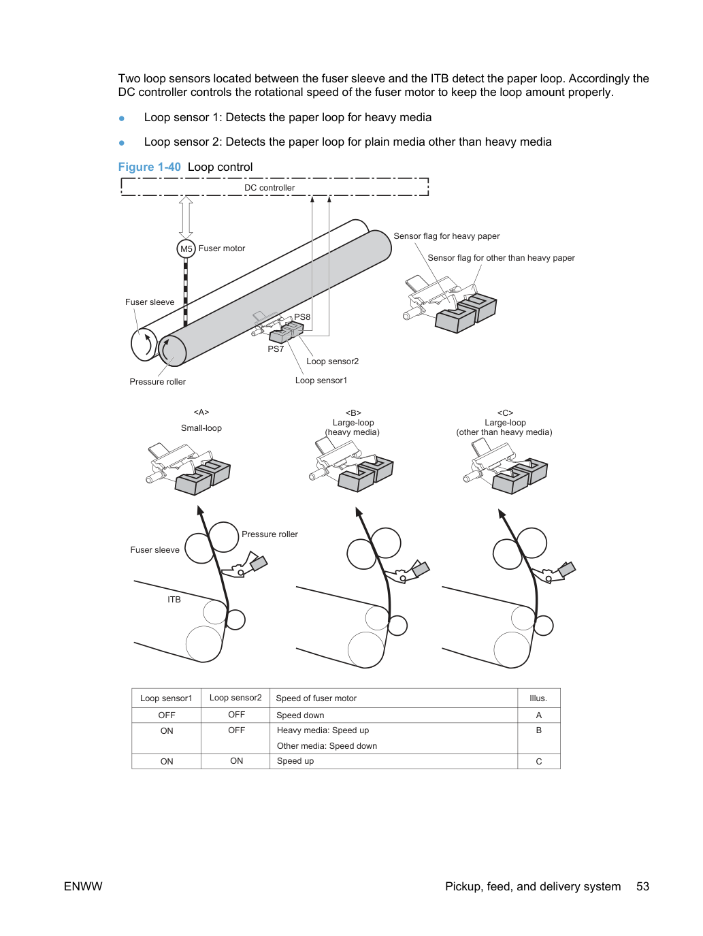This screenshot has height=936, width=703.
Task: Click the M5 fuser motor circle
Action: point(186,248)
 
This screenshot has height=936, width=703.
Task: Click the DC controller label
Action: point(269,188)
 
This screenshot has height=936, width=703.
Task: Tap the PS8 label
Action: point(302,317)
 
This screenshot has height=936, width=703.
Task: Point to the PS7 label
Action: point(276,349)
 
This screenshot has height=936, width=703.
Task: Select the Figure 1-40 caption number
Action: point(149,167)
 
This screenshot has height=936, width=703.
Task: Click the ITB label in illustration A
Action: point(174,600)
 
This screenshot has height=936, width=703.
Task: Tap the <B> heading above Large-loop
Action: point(353,413)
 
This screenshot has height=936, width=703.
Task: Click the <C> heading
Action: point(505,413)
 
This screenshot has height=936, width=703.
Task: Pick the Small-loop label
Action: point(201,428)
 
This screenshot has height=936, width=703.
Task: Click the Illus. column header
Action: point(538,698)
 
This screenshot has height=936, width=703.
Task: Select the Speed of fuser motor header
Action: point(316,698)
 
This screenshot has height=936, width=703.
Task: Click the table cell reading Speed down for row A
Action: point(300,715)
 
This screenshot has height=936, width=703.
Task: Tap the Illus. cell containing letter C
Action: point(539,762)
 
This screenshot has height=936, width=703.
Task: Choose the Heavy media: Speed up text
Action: point(323,730)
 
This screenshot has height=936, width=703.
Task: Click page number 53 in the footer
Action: point(642,886)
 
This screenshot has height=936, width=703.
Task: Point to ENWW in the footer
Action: point(83,886)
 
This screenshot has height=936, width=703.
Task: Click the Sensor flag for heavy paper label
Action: point(446,236)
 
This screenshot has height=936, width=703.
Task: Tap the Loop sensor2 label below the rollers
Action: point(333,361)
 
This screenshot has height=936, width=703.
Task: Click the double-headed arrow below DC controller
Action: point(186,217)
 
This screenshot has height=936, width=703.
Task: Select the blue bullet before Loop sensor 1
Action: point(122,118)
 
